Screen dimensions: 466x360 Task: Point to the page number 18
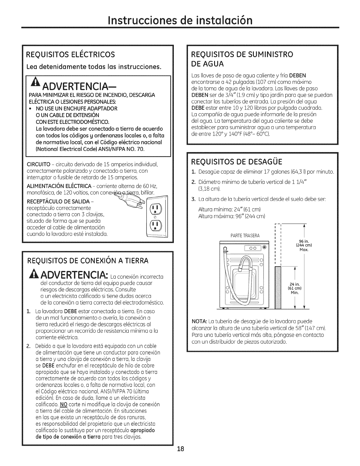180,457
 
